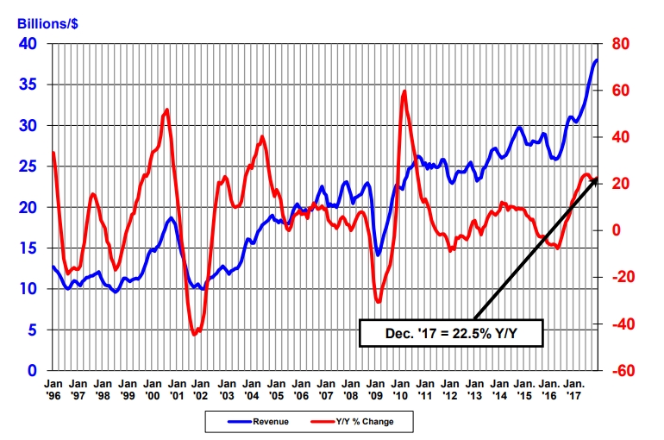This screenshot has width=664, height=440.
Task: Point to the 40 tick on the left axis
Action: pyautogui.click(x=28, y=44)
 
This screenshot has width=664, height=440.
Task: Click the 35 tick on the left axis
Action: pyautogui.click(x=28, y=85)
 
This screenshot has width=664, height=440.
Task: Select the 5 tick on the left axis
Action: pyautogui.click(x=32, y=330)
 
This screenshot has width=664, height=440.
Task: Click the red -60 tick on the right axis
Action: pyautogui.click(x=623, y=371)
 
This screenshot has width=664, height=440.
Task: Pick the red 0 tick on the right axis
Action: pyautogui.click(x=618, y=230)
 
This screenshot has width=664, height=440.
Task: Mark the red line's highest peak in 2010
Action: pyautogui.click(x=404, y=91)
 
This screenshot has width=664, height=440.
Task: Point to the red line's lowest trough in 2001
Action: pyautogui.click(x=194, y=334)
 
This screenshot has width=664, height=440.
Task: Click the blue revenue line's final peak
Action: pyautogui.click(x=597, y=60)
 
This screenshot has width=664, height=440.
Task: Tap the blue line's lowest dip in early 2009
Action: pyautogui.click(x=378, y=255)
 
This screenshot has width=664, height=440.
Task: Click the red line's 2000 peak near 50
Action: pyautogui.click(x=166, y=110)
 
